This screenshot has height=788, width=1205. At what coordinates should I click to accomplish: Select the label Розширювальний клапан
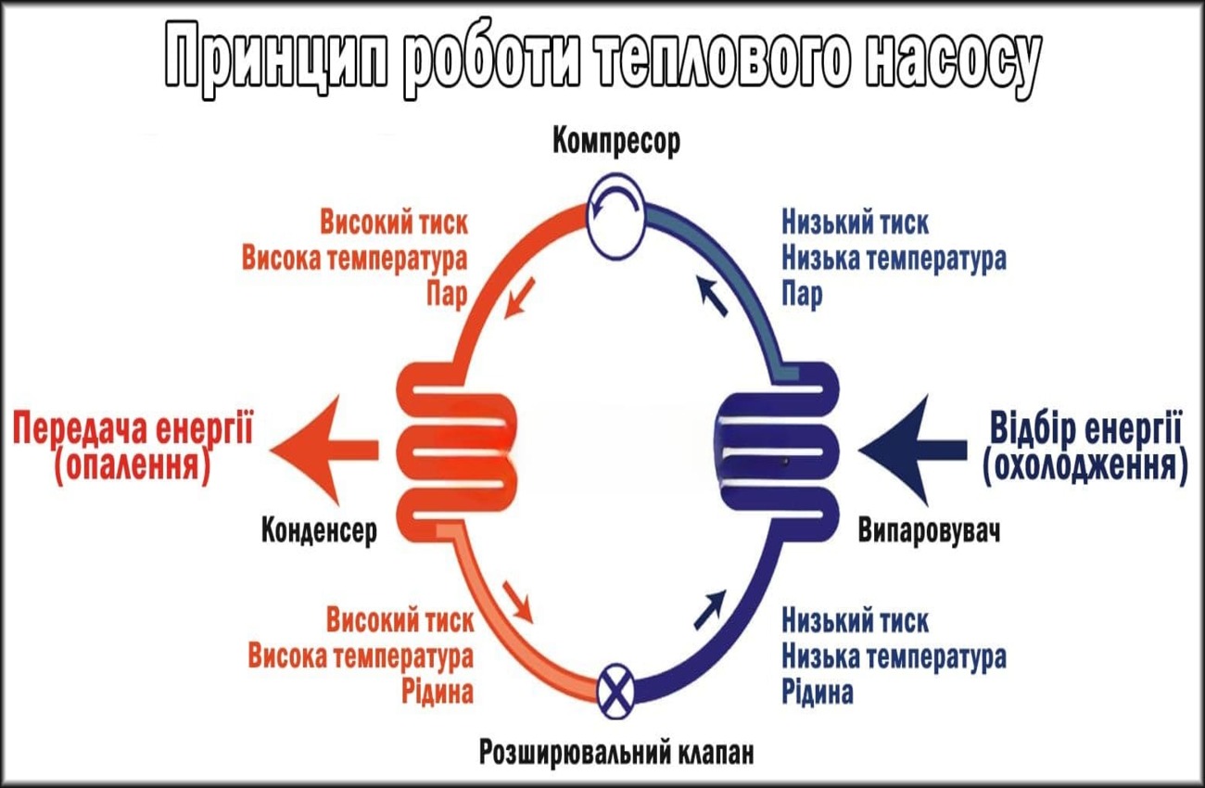pyautogui.click(x=616, y=752)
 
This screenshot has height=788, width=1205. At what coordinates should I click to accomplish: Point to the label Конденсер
pyautogui.click(x=320, y=531)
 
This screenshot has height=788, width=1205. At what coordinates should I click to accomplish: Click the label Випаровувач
pyautogui.click(x=930, y=532)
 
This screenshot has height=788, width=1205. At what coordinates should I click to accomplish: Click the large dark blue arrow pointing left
pyautogui.click(x=913, y=450)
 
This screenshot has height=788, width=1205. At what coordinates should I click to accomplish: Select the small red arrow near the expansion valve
pyautogui.click(x=519, y=603)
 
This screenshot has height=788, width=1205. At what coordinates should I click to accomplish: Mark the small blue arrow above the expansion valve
pyautogui.click(x=709, y=607)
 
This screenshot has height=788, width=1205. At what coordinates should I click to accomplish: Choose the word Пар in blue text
pyautogui.click(x=803, y=295)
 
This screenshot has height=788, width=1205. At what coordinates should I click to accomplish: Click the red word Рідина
pyautogui.click(x=438, y=692)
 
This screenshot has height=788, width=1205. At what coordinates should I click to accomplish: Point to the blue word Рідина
pyautogui.click(x=818, y=692)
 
